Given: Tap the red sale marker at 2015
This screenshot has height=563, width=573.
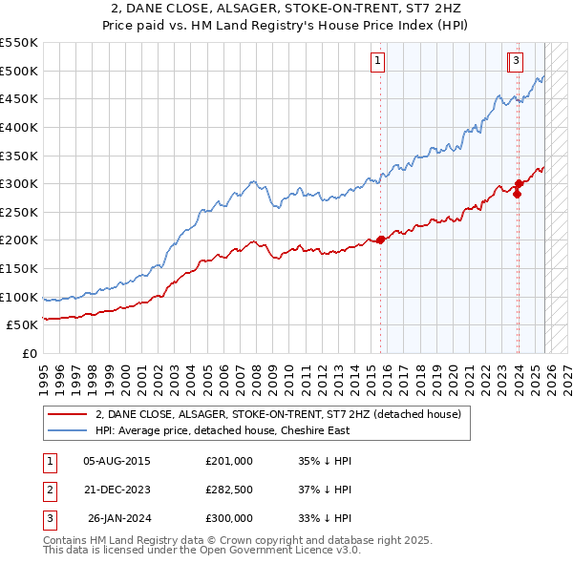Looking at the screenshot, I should coord(380,240).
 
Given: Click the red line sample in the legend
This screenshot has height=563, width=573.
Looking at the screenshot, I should coord(68,414).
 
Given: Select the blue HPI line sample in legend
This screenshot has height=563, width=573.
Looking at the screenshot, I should coord(68,430).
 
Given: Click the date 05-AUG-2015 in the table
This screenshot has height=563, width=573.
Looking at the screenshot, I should coord(117,461).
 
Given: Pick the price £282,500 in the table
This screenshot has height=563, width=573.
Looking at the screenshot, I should coord(229,490).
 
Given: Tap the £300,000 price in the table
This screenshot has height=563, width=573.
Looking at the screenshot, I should coord(229,518).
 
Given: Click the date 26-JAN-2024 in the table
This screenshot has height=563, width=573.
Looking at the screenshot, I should coord(119,518).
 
